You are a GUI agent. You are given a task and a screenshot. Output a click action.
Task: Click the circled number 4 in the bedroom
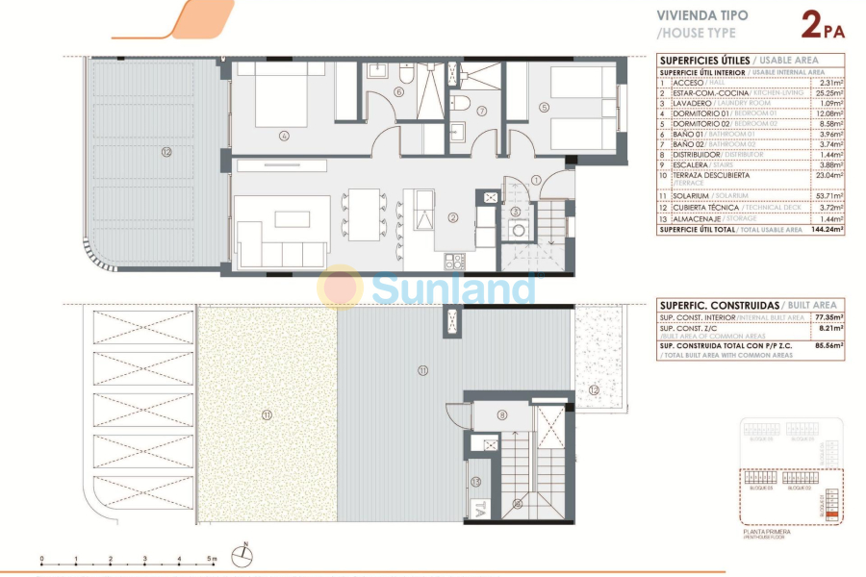point(284,136)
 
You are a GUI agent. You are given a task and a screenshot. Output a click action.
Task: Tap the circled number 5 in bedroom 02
point(544,107)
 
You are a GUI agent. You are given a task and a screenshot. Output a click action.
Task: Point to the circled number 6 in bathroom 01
point(398,92)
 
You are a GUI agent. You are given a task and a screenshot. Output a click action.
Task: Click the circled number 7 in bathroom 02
point(482,111)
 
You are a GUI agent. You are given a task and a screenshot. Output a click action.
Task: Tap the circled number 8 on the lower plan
point(501,414)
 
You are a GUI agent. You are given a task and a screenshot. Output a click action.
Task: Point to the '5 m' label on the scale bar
point(212,558)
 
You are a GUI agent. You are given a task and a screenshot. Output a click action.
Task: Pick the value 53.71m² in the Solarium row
point(828,195)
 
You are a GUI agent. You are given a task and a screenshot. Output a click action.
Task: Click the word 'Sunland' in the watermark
point(452,287)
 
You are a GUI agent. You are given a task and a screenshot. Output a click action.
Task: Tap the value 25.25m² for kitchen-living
point(828,93)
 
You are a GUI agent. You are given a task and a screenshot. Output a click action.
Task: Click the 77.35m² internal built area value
point(828,316)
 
